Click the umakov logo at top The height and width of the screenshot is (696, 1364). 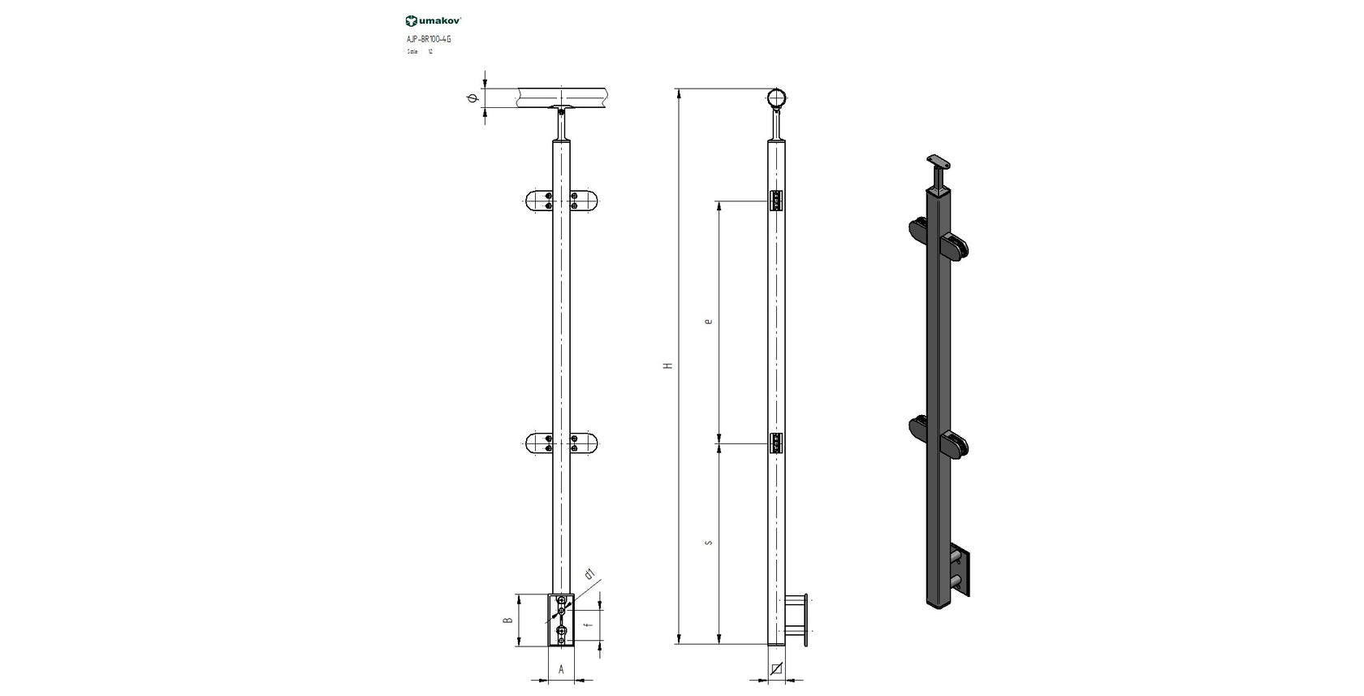[434, 21]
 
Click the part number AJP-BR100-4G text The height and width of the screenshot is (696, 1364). [428, 39]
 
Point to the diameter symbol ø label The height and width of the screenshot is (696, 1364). [472, 99]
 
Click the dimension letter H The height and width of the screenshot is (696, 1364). [668, 366]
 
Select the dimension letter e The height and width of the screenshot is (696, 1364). [709, 322]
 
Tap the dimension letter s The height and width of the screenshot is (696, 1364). [709, 543]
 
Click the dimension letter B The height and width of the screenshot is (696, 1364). [507, 620]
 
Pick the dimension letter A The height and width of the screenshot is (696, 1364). [561, 670]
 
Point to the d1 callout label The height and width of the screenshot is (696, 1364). [589, 575]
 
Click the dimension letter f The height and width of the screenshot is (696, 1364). [587, 627]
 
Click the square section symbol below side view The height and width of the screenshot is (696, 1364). [777, 669]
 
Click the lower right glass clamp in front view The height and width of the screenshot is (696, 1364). [585, 443]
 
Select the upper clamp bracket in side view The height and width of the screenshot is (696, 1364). [776, 201]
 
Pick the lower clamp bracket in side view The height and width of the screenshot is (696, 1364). [776, 443]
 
